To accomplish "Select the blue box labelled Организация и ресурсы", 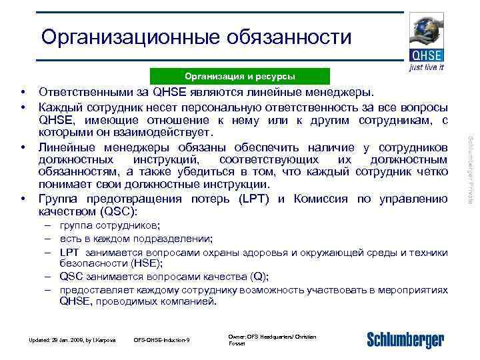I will pos(239,76).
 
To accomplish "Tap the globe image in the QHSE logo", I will pos(425,30).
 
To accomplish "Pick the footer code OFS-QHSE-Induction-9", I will pos(162,341).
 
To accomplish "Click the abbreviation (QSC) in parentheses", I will pos(117,211).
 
